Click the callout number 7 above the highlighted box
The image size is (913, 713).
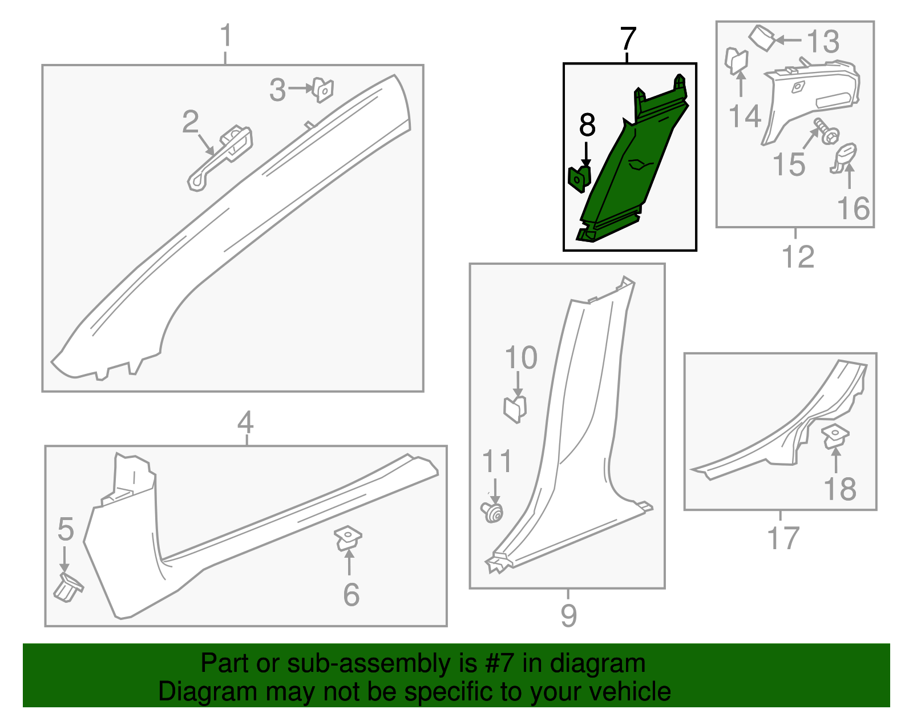click(628, 39)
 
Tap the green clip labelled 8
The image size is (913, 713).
click(579, 179)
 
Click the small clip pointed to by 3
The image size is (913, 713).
click(323, 90)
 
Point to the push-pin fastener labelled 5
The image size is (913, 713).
click(68, 588)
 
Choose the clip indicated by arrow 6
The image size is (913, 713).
click(348, 539)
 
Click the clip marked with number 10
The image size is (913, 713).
click(515, 409)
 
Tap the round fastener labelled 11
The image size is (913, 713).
click(492, 512)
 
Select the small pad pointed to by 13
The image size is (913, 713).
click(761, 38)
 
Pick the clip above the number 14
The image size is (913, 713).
click(736, 61)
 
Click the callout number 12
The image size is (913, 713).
click(798, 257)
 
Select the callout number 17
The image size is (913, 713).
click(783, 538)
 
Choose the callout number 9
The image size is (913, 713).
click(569, 615)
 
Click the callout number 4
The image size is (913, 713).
click(245, 422)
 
